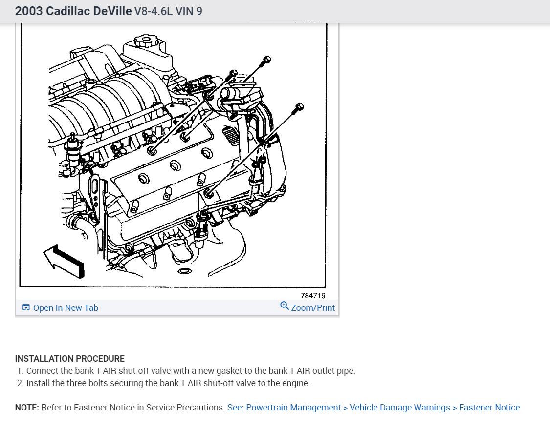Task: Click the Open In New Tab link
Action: click(x=66, y=308)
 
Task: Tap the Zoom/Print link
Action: click(x=313, y=308)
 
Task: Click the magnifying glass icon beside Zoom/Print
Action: click(x=284, y=306)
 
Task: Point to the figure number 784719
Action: click(x=313, y=295)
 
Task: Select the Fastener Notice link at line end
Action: click(x=489, y=408)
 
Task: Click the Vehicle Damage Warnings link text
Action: click(x=400, y=408)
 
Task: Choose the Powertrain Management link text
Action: click(x=293, y=408)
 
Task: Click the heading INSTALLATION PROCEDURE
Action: click(x=70, y=359)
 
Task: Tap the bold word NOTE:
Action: click(x=27, y=408)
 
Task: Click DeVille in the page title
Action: click(x=108, y=11)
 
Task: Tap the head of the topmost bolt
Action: click(x=266, y=60)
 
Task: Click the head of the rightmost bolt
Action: click(x=300, y=106)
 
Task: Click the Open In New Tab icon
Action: click(x=26, y=308)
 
